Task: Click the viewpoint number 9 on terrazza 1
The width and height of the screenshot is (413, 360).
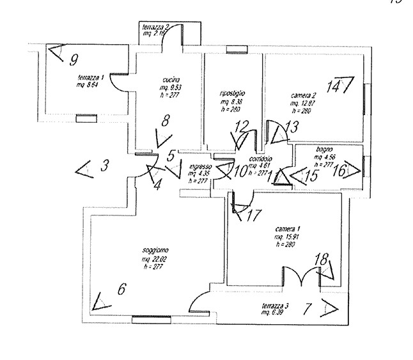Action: coord(74,61)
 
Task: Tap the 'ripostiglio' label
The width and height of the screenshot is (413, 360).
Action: coord(233,93)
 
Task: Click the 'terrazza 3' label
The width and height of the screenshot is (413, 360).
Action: coord(274,306)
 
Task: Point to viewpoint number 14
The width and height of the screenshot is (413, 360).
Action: coord(333,86)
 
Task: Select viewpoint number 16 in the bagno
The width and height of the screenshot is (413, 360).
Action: coord(340,170)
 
